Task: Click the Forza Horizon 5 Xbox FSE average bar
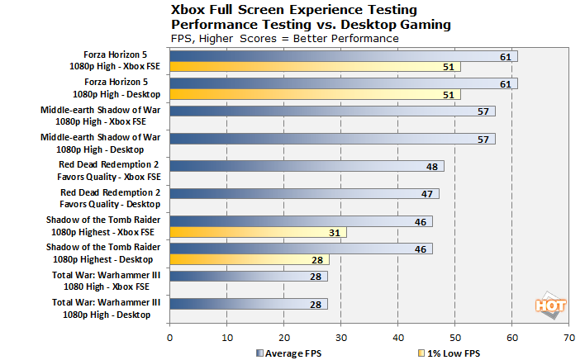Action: coord(343,57)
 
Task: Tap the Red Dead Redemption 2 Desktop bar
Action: coord(304,194)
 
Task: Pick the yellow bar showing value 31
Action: coord(258,232)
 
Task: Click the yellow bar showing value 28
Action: coord(249,259)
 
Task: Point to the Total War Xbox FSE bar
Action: coord(249,276)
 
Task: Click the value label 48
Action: coord(431,167)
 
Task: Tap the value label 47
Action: coord(426,194)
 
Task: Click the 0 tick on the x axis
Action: coord(169,336)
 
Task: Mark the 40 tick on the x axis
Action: coord(397,336)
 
